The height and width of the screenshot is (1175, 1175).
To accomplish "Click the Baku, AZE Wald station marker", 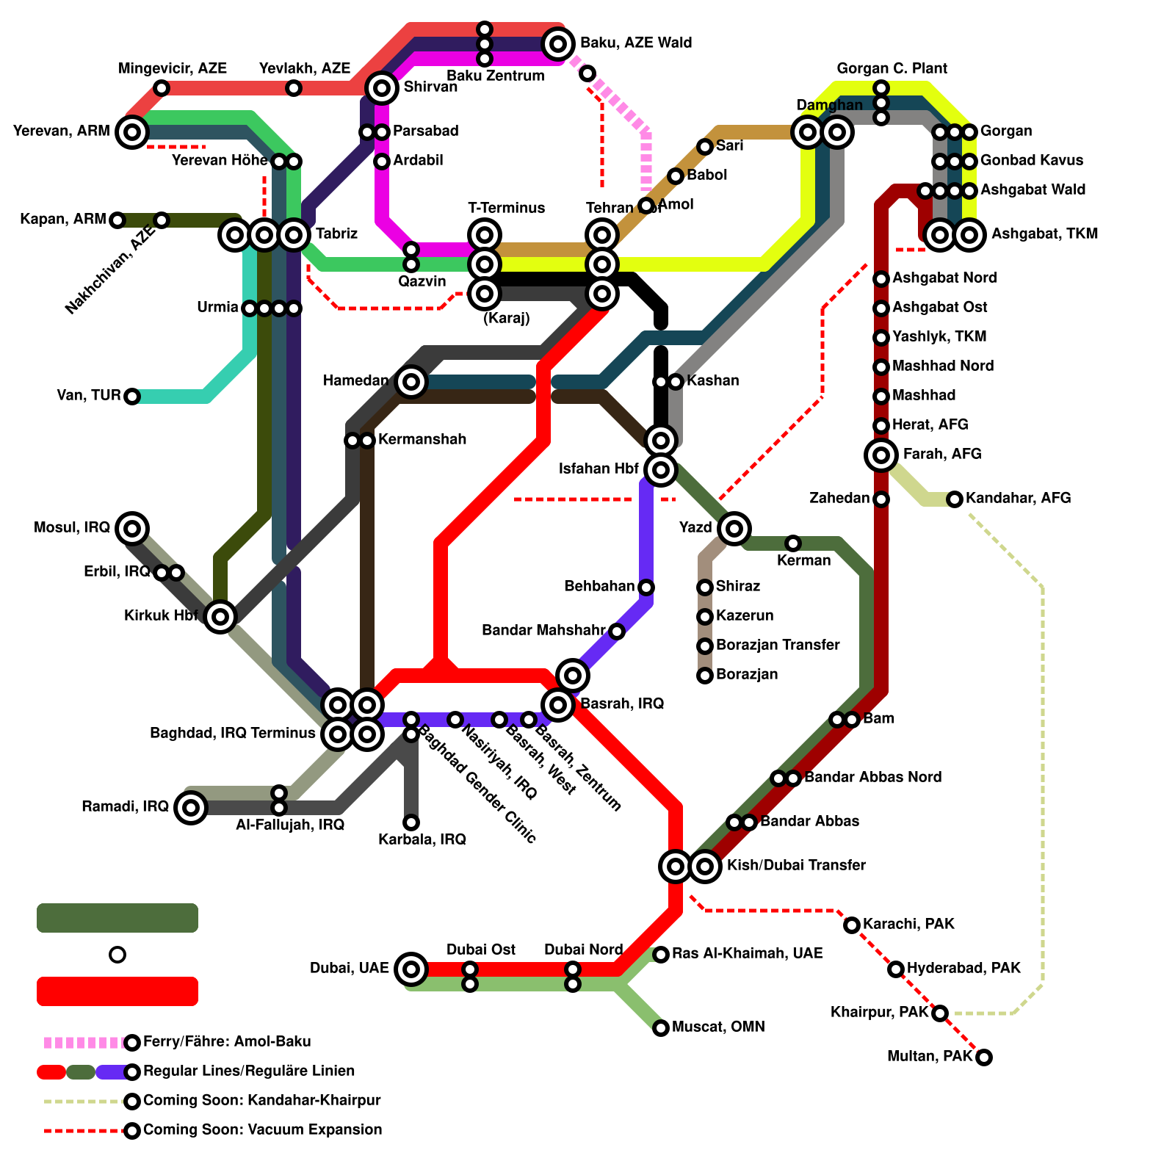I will click(558, 44).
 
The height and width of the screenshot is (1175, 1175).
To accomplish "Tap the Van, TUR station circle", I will click(132, 397).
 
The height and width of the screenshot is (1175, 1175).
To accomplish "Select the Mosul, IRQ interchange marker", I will click(132, 528).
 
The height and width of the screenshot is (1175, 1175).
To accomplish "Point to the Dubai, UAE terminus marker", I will click(411, 969).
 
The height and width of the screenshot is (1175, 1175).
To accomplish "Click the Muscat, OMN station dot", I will click(661, 1027).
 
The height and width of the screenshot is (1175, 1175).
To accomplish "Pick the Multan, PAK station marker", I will click(984, 1057).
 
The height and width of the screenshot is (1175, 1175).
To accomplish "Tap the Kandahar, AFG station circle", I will click(955, 499).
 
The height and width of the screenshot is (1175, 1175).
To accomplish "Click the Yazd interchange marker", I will click(734, 528).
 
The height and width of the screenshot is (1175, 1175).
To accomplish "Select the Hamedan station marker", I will click(411, 381).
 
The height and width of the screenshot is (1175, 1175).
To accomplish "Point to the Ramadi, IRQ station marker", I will click(191, 808).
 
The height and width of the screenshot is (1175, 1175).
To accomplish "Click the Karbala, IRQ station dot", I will click(411, 822).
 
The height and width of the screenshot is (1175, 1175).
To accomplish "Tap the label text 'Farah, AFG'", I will click(941, 455).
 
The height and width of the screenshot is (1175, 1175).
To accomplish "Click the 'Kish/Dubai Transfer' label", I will click(795, 866).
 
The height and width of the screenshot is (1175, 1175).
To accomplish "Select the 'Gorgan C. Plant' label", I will click(892, 69).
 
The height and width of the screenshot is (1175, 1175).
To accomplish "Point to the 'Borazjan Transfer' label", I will click(777, 646).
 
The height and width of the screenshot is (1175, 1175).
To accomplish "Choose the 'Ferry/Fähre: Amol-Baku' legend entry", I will click(227, 1042).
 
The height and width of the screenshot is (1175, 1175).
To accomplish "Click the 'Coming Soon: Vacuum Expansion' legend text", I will click(262, 1130).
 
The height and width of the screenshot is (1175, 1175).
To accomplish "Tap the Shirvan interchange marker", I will click(382, 88).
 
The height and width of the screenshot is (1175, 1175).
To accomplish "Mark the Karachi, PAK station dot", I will click(852, 925).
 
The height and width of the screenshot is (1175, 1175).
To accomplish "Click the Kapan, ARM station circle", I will click(117, 220).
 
